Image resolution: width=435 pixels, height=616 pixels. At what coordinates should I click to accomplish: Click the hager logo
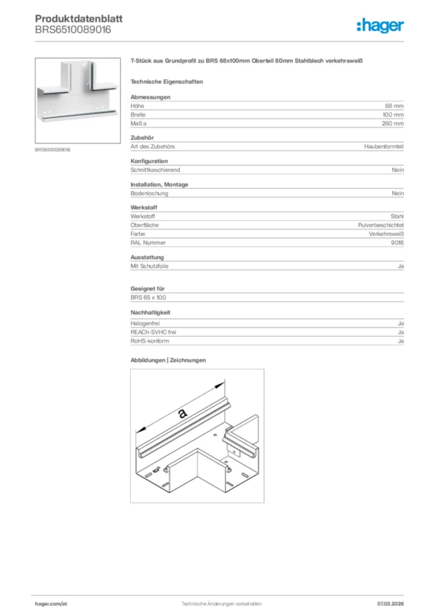[x=380, y=25]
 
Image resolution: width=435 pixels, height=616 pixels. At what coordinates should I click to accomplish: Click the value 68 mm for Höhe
[x=395, y=106]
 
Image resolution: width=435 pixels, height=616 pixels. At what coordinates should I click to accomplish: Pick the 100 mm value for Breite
[x=393, y=114]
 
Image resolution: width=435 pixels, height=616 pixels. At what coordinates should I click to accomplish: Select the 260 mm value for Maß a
[x=393, y=123]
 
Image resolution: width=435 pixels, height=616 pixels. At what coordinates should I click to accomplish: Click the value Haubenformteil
[x=384, y=147]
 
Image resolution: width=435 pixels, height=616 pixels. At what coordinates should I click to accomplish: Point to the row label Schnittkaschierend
[x=155, y=170]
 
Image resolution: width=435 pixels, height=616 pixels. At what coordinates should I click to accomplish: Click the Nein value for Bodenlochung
[x=398, y=194]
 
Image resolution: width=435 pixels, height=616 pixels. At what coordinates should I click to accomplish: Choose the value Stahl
[x=397, y=217]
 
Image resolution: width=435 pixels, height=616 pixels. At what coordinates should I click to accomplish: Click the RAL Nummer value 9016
[x=397, y=242]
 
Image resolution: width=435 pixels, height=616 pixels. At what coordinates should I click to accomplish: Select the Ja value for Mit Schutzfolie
[x=400, y=266]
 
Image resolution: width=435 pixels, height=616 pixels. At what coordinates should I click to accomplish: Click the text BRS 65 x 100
[x=148, y=298]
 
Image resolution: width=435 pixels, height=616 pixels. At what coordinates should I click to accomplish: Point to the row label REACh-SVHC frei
[x=153, y=332]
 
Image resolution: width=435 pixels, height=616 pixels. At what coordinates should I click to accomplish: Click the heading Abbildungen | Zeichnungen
[x=168, y=360]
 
